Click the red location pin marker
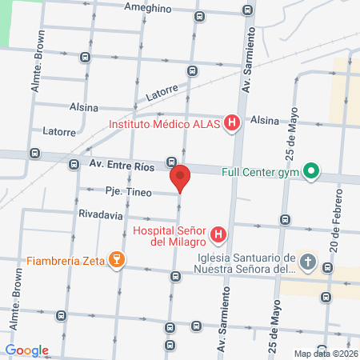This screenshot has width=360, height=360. pyautogui.click(x=180, y=178)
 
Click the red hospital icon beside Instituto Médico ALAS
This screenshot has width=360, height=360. pyautogui.click(x=231, y=123)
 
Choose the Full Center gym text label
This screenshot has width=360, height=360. pyautogui.click(x=261, y=172)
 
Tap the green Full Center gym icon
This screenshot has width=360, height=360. pyautogui.click(x=311, y=172)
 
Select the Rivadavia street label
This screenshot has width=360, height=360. pyautogui.click(x=101, y=215)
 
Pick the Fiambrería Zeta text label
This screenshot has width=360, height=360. pyautogui.click(x=65, y=259)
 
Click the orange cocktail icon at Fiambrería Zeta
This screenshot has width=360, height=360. pyautogui.click(x=117, y=259)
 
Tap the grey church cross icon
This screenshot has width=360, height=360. pyautogui.click(x=308, y=262)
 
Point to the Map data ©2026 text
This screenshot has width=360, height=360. pyautogui.click(x=325, y=354)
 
